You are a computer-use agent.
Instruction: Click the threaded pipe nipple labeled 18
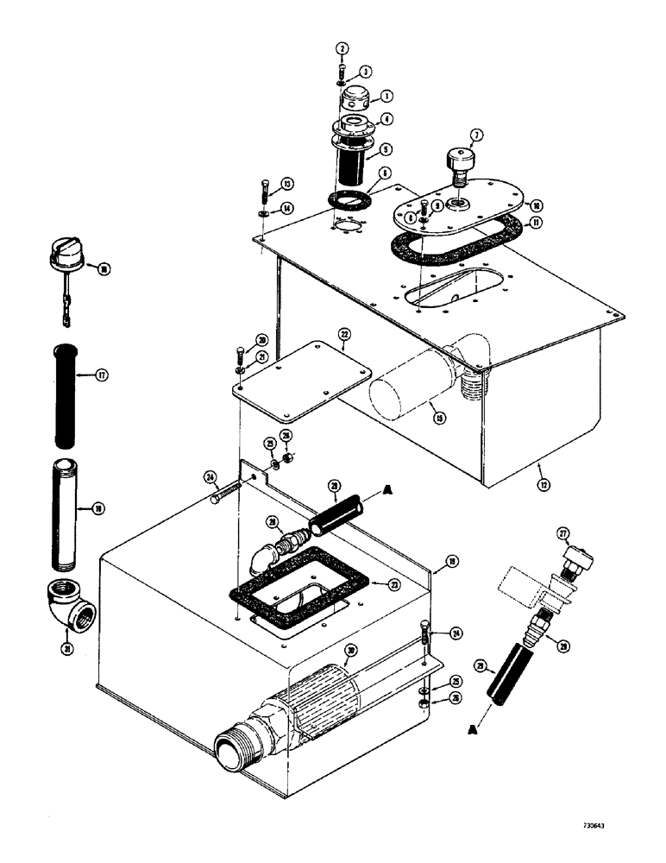(x=67, y=518)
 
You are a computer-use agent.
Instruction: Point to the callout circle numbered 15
(x=440, y=419)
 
